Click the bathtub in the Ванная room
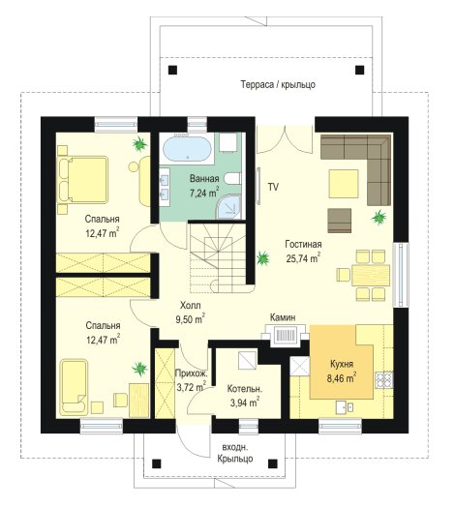187,148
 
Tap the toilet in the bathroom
232,178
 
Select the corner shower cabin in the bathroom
229,206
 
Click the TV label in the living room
273,187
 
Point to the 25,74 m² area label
303,258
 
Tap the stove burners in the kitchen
384,380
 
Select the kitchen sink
344,406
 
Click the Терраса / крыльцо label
278,85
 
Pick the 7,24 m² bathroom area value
204,193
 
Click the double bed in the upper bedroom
83,180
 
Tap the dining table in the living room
371,275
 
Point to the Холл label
191,305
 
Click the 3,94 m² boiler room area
244,403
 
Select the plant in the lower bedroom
139,369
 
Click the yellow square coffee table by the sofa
344,184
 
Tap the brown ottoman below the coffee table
340,221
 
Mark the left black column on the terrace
173,70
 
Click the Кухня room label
342,364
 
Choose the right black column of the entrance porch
273,463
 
